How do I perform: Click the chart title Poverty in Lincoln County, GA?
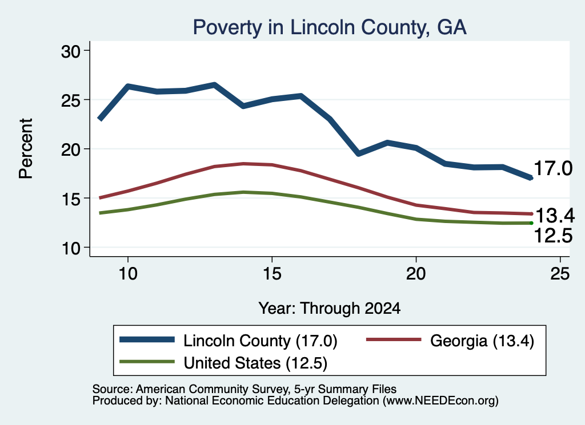coord(330,27)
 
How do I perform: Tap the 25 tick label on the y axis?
coord(71,100)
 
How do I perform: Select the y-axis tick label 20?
coord(71,149)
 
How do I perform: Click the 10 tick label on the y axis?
coord(71,248)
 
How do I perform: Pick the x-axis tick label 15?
coord(272,274)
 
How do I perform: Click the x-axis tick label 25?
coord(560,274)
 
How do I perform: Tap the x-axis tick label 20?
coord(416,274)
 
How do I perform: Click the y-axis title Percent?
coord(26,149)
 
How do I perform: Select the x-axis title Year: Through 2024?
coord(330,309)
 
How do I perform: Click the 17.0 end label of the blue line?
coord(553,168)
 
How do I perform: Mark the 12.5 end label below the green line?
coord(553,236)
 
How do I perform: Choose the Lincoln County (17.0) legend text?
coord(261,341)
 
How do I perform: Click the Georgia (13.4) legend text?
coord(482,341)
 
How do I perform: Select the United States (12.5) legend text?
coord(255,363)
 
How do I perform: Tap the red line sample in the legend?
coord(394,339)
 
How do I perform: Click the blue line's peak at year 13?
coord(215,85)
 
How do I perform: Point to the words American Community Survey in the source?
coord(211,389)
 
